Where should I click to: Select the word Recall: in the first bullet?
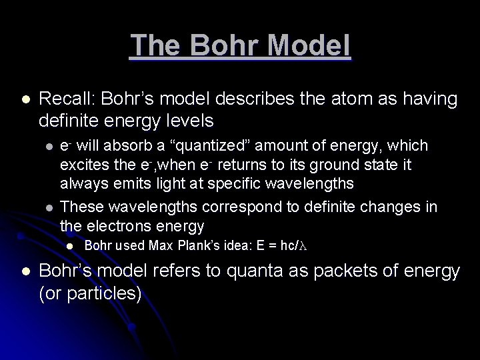(x=67, y=99)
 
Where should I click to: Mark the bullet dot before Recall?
(x=25, y=100)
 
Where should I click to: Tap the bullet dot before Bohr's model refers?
(x=25, y=272)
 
